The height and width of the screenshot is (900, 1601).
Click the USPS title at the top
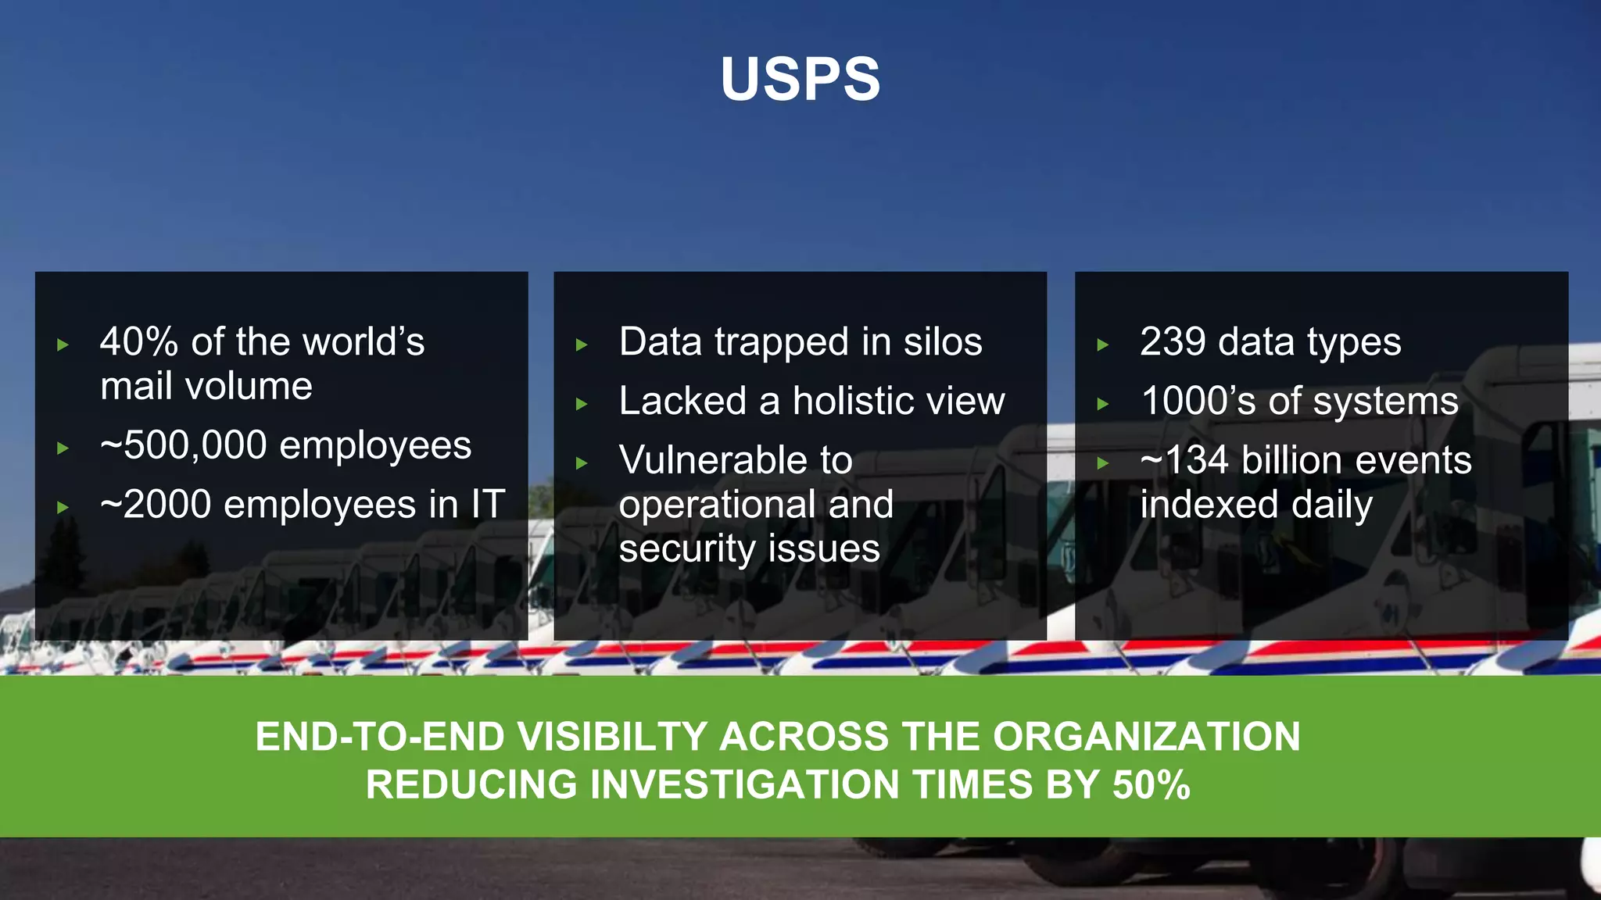pyautogui.click(x=800, y=79)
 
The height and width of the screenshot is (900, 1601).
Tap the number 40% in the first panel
pyautogui.click(x=139, y=342)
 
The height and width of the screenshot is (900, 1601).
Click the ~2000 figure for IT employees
pyautogui.click(x=156, y=505)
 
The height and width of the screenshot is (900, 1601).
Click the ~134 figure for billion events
pyautogui.click(x=1184, y=460)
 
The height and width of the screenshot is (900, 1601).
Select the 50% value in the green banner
pyautogui.click(x=1151, y=784)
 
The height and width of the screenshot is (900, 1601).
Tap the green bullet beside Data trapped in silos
pyautogui.click(x=582, y=345)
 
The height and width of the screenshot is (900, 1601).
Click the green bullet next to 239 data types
pyautogui.click(x=1102, y=345)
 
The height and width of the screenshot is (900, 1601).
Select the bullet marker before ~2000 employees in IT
pyautogui.click(x=63, y=507)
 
